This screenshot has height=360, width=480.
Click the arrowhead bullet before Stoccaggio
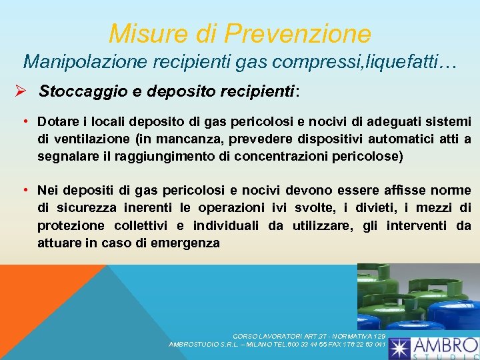[20, 90]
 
